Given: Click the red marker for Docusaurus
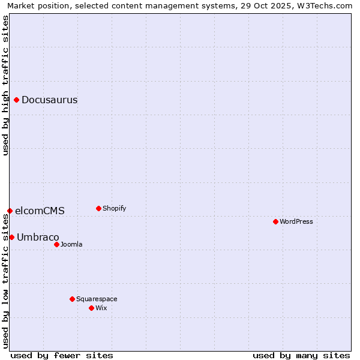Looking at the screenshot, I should coord(17,100).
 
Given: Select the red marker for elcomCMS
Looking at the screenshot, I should coord(10,211).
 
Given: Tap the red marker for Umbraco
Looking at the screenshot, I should coord(11,237).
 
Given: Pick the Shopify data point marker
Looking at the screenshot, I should coord(98,208).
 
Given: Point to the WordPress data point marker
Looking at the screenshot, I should coord(275,221).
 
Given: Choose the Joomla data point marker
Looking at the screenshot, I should coord(56,244).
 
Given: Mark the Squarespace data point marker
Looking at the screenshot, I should coord(72,299).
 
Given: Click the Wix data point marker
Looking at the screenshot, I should coord(91,308).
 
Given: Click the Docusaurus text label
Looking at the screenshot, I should coord(49,100).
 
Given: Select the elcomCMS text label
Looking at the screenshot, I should coord(40,211).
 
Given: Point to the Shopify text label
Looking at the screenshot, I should coord(114,208).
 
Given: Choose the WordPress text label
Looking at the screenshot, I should coord(296,221).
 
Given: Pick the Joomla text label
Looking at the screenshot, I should coord(71,244).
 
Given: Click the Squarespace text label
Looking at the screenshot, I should coord(97,299).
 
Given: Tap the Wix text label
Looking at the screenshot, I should coord(101,308).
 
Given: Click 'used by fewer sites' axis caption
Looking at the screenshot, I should coord(62,355).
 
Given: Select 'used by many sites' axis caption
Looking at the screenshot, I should coord(301,355).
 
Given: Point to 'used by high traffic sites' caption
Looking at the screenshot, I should coord(5,85).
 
